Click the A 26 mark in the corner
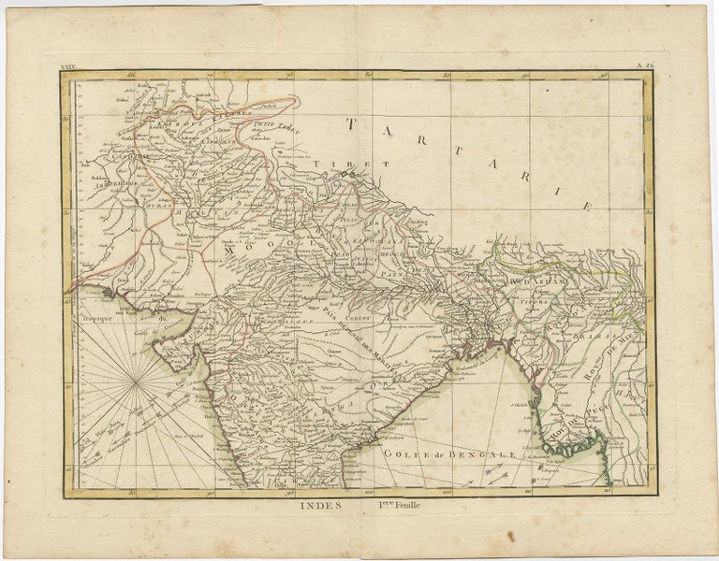[x=645, y=65]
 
